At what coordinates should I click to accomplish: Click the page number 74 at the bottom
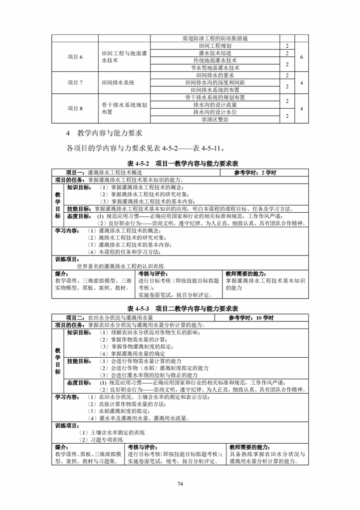click(180, 483)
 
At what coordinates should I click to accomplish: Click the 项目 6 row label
click(75, 57)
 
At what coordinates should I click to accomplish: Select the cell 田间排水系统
click(118, 83)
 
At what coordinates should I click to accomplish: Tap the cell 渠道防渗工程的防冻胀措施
click(215, 39)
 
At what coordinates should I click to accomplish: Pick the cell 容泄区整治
click(215, 120)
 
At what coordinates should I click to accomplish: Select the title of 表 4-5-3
click(180, 308)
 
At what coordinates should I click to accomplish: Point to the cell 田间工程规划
click(215, 46)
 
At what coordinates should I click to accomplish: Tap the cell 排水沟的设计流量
click(215, 105)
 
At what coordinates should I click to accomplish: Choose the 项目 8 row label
click(75, 108)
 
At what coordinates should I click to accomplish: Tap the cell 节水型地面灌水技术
click(215, 68)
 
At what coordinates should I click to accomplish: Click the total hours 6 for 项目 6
click(301, 57)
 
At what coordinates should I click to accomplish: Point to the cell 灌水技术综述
click(215, 53)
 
